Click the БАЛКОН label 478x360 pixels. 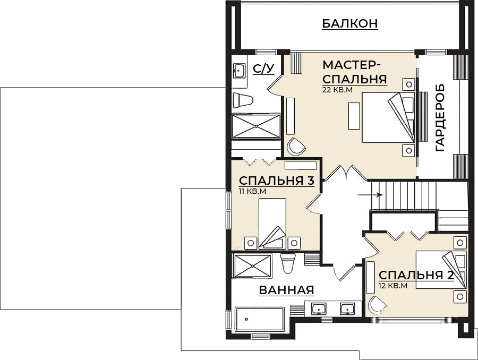[x=349, y=23]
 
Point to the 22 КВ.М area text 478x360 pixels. [x=337, y=90]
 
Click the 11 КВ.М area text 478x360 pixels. [x=252, y=190]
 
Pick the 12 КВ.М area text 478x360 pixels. [x=392, y=286]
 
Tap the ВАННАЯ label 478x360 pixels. [x=286, y=290]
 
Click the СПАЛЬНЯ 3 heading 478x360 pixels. [x=276, y=181]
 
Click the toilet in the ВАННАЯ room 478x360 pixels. [x=287, y=263]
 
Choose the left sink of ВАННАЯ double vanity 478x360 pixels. [x=319, y=308]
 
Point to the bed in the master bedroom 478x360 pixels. [x=388, y=117]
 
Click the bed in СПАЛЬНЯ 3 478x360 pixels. [x=272, y=223]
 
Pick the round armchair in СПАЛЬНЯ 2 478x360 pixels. [x=378, y=305]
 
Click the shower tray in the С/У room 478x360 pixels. [x=256, y=126]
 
